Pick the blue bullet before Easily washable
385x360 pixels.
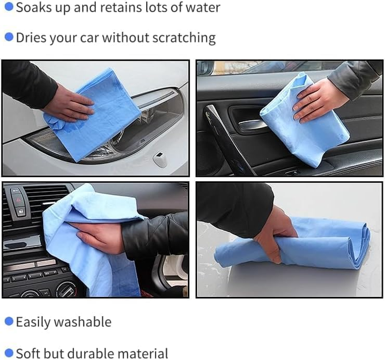tap(9, 321)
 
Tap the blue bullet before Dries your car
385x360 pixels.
tap(9, 37)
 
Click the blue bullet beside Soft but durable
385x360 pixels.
tap(9, 353)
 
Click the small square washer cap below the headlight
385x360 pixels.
tap(160, 159)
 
